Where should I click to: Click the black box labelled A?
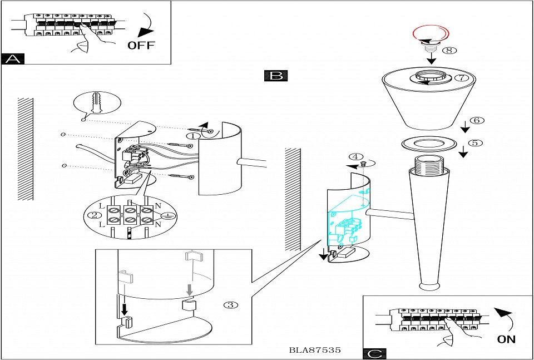[x=13, y=58]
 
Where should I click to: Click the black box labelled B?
[x=276, y=76]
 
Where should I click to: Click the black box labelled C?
[x=374, y=353]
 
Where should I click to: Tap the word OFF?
[x=141, y=45]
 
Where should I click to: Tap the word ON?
[x=507, y=338]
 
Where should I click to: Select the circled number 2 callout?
[x=95, y=215]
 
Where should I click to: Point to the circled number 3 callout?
[x=230, y=304]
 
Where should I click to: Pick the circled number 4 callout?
[x=357, y=157]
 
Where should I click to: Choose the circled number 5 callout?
[x=474, y=142]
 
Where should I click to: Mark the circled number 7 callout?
[x=462, y=78]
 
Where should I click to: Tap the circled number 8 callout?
[x=449, y=50]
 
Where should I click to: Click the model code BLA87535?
[x=315, y=351]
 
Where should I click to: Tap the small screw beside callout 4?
[x=362, y=164]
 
